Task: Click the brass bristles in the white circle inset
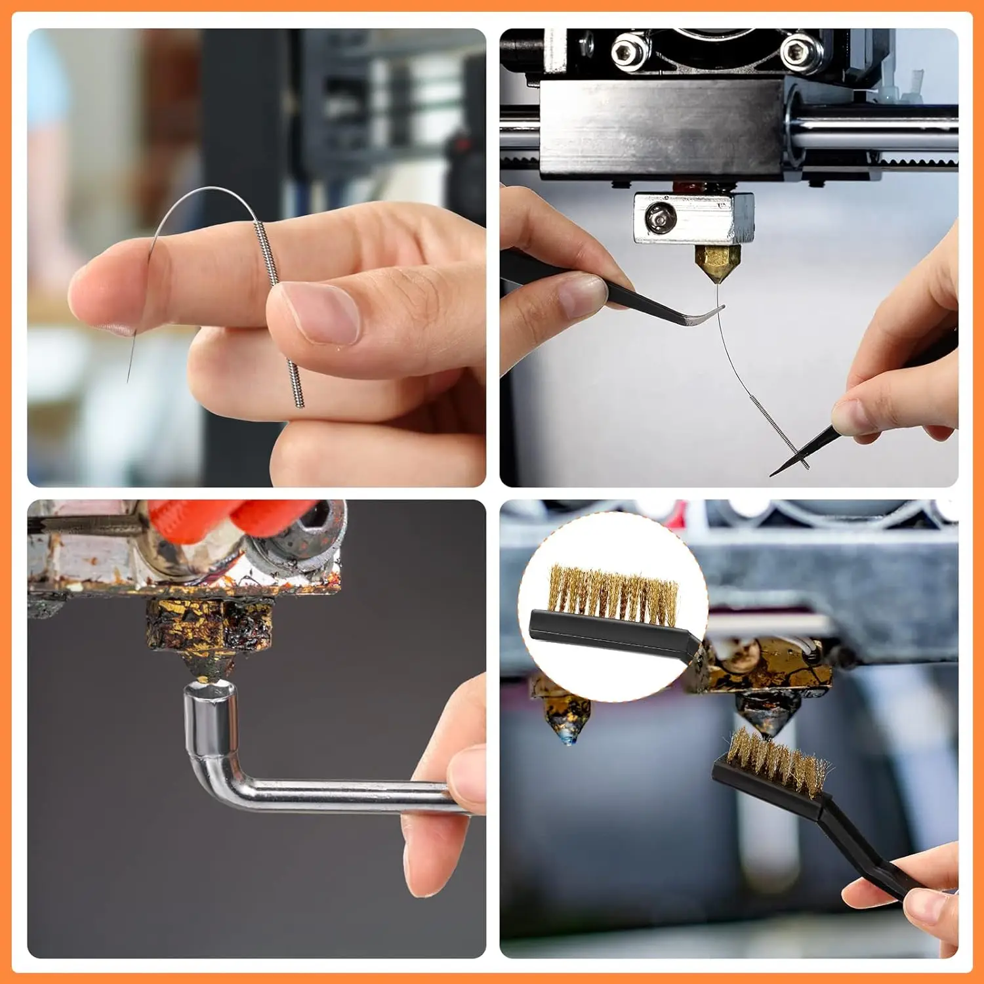[x=613, y=594]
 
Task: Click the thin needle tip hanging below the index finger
[x=129, y=374]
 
